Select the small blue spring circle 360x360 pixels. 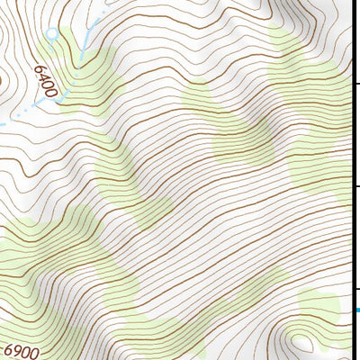[51, 34]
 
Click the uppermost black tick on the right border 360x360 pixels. [355, 83]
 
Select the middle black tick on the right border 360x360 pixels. [355, 185]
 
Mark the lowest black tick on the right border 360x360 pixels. [355, 289]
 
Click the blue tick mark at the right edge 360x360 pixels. [355, 310]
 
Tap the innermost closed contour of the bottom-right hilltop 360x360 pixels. [301, 342]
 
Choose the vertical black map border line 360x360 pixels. [351, 180]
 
